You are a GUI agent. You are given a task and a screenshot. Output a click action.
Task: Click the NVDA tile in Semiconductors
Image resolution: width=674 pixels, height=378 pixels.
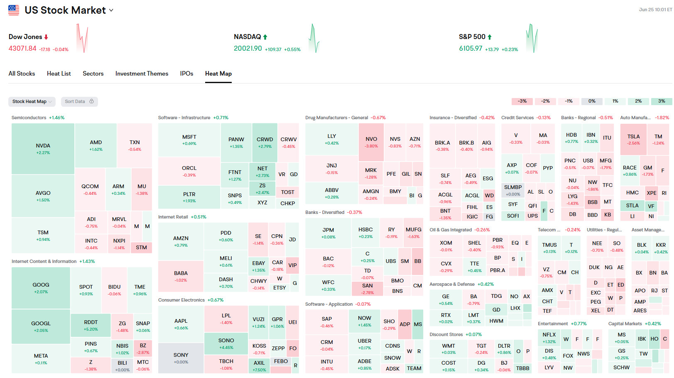43,149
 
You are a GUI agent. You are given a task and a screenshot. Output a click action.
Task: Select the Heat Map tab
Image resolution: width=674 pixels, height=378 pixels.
218,74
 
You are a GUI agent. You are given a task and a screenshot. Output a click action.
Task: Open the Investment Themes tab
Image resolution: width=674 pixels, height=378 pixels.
142,74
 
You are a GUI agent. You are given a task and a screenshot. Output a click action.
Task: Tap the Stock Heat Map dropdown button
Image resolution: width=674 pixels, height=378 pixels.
32,101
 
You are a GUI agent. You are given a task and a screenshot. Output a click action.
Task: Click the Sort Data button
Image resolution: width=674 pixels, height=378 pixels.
79,101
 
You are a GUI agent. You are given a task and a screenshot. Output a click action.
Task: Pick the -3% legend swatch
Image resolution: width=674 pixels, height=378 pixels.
522,101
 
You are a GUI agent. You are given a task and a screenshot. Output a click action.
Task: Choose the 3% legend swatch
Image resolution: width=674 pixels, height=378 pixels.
661,101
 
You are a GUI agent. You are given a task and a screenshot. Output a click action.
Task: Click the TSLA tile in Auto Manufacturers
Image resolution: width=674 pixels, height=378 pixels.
633,139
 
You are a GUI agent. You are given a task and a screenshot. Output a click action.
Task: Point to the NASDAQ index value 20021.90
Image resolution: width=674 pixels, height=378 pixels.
248,48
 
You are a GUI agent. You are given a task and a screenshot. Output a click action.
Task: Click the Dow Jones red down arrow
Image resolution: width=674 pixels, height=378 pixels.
46,37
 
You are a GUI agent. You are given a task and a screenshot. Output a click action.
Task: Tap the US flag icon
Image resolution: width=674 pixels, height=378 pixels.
14,10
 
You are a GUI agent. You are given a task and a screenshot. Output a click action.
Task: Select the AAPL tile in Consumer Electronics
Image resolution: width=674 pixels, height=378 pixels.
181,324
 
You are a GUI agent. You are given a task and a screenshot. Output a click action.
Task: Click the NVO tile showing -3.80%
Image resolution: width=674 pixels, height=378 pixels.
371,142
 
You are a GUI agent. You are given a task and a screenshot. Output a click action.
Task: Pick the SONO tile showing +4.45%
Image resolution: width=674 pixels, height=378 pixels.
226,344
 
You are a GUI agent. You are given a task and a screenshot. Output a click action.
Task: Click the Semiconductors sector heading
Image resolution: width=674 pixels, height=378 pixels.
29,118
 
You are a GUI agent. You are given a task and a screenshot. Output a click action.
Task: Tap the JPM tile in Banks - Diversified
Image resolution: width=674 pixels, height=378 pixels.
328,233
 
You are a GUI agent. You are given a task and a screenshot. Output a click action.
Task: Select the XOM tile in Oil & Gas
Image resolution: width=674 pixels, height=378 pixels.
446,246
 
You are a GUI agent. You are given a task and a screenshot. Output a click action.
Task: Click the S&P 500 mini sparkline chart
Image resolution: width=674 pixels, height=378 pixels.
532,39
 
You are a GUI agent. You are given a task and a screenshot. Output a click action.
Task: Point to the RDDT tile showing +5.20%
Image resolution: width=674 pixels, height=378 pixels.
91,325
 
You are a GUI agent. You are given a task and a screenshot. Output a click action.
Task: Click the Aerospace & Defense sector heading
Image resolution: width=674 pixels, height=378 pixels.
452,284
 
